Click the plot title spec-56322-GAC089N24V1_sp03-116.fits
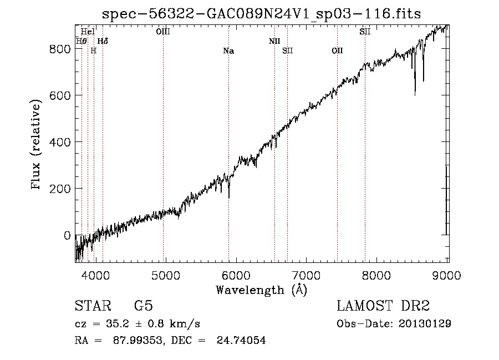pyautogui.click(x=262, y=14)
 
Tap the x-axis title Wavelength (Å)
pyautogui.click(x=261, y=290)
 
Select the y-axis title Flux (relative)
pyautogui.click(x=37, y=145)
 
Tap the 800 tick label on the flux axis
pyautogui.click(x=62, y=49)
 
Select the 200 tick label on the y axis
pyautogui.click(x=62, y=189)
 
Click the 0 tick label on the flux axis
pyautogui.click(x=67, y=235)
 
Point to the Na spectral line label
pyautogui.click(x=228, y=51)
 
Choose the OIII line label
pyautogui.click(x=163, y=32)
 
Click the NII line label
pyautogui.click(x=274, y=41)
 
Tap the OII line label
pyautogui.click(x=337, y=51)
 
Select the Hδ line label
pyautogui.click(x=103, y=41)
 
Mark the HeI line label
pyautogui.click(x=88, y=32)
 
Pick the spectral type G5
pyautogui.click(x=143, y=306)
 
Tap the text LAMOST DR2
pyautogui.click(x=383, y=306)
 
